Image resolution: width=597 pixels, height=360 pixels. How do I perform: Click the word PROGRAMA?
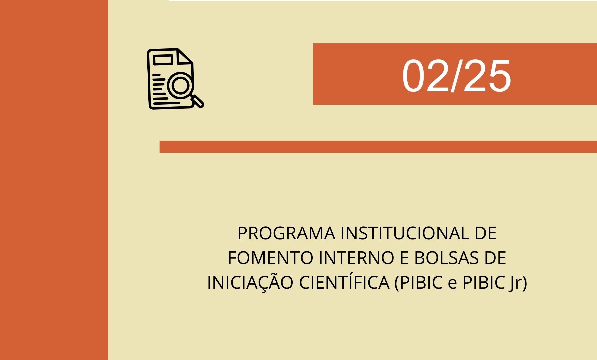click(286, 233)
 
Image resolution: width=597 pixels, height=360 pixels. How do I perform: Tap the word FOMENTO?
click(270, 258)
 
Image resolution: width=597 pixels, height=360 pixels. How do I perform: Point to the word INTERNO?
click(357, 258)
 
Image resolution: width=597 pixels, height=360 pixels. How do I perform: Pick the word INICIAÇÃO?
click(250, 282)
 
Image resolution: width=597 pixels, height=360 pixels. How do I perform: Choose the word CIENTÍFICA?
click(344, 282)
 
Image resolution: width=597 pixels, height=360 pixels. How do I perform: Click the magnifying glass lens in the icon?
click(180, 85)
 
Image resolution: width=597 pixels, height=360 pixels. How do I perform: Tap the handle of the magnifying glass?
click(197, 101)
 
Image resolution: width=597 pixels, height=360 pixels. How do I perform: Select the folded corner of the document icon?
click(185, 56)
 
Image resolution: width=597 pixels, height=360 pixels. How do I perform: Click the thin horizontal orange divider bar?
click(378, 147)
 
